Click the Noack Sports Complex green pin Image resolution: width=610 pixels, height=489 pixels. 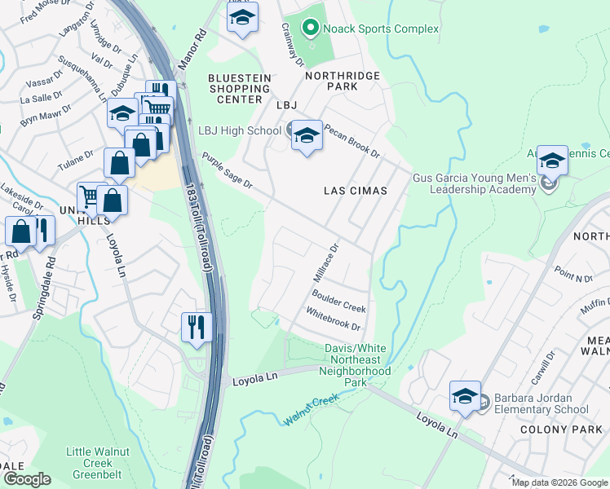coord(310,29)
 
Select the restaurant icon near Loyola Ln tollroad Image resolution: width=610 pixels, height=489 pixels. coord(197,327)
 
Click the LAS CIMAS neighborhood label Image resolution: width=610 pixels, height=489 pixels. coord(355,190)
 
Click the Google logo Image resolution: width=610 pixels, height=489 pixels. coord(26,479)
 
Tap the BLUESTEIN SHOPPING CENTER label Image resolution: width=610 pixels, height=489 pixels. coord(235,88)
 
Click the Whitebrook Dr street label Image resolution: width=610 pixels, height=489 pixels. coord(333,319)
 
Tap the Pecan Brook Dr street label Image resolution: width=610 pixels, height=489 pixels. coord(351,140)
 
